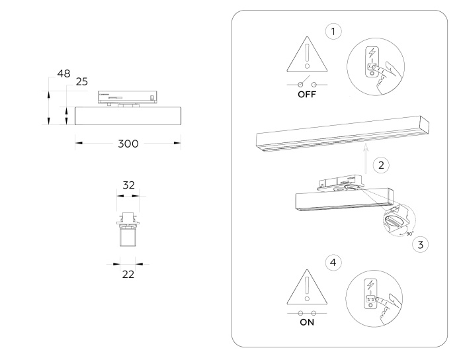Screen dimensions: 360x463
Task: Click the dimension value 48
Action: [x=63, y=73]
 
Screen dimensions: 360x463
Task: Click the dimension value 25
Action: [x=81, y=82]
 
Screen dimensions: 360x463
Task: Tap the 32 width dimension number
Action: [x=129, y=186]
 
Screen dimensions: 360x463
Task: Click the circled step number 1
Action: [x=336, y=31]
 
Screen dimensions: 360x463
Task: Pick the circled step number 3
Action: [x=418, y=244]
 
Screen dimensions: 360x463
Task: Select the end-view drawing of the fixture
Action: [x=128, y=228]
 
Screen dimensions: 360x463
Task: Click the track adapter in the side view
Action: [x=128, y=97]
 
